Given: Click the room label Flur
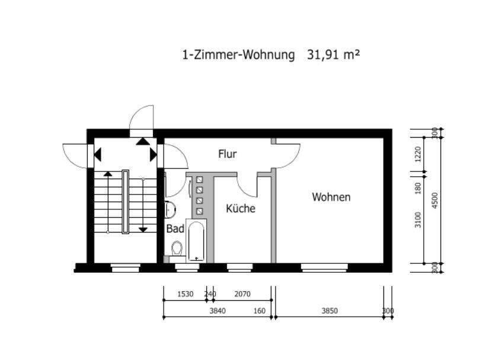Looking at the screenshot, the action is click(228, 154).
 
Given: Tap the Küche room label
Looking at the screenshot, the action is click(241, 208).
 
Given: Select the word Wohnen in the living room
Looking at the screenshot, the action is click(331, 197).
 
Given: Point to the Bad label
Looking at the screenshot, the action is click(175, 229).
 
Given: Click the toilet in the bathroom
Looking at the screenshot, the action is click(177, 249).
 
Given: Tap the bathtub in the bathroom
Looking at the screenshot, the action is click(196, 240).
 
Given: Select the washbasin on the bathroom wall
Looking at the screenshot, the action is click(170, 209).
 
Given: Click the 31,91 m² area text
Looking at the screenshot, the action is click(333, 55).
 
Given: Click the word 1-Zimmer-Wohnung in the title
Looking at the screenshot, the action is click(238, 55).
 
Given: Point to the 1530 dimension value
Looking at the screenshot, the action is click(186, 294).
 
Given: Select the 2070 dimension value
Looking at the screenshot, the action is click(242, 294).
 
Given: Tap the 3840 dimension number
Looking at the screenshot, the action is click(218, 311).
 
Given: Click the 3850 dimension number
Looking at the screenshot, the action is click(330, 311).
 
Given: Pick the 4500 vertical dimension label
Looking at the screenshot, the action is click(435, 200).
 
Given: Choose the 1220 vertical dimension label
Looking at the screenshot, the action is click(418, 154).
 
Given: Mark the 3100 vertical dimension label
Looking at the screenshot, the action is click(418, 219).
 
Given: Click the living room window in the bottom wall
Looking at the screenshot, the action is click(324, 267).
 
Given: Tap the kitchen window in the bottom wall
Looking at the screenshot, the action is click(239, 267).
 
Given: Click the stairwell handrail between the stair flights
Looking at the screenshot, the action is click(126, 202).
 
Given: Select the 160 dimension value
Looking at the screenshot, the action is click(260, 311).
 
